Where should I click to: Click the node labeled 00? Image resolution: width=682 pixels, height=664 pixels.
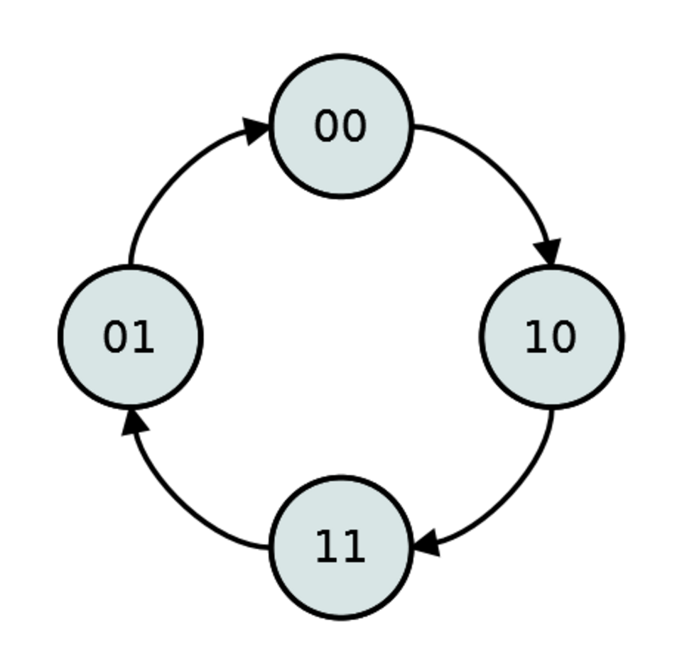coord(340,126)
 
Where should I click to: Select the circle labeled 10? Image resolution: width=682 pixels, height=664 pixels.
coord(552,337)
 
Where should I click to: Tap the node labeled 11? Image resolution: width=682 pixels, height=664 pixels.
coord(340,548)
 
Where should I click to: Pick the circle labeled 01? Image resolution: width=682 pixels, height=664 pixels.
coord(130,337)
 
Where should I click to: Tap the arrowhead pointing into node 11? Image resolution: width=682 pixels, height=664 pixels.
coord(426,543)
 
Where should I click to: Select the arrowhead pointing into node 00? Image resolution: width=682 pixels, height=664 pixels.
coord(256,131)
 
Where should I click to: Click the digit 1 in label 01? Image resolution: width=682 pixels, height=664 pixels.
coord(143,337)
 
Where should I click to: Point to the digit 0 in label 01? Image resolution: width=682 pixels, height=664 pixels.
coord(115,337)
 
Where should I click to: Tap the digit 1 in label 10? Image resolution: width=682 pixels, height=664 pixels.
coord(538,337)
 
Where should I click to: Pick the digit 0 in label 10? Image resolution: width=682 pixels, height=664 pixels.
coord(564,337)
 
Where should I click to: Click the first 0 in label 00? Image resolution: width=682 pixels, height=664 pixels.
coord(326,126)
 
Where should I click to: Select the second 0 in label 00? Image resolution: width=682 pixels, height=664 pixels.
coord(353,126)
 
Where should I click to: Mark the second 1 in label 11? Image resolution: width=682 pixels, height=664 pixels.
coord(354,548)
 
